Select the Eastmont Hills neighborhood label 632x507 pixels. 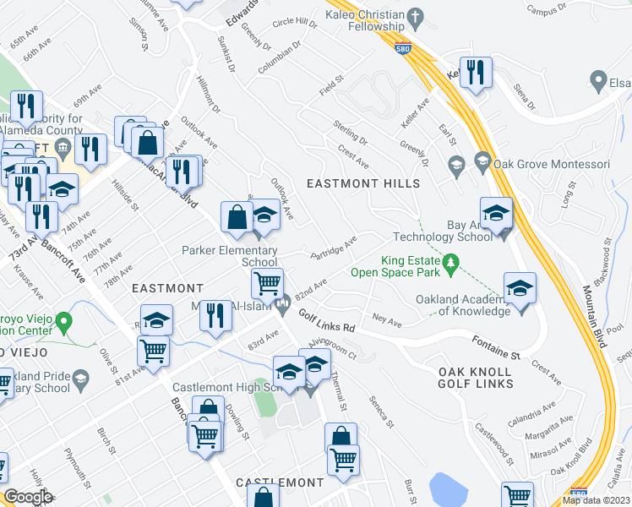point(363,183)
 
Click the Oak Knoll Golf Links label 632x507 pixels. point(476,378)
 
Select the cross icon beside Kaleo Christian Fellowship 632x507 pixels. point(415,16)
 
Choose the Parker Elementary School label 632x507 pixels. point(230,256)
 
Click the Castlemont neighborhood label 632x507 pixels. point(280,482)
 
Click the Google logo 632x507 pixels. point(28,497)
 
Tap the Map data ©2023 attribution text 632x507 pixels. point(596,500)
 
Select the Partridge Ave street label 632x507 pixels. point(334,248)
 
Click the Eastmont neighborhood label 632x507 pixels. point(167,289)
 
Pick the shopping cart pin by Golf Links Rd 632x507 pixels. point(268,283)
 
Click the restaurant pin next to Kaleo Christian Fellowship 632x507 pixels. point(475,73)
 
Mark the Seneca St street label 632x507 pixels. point(380,409)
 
